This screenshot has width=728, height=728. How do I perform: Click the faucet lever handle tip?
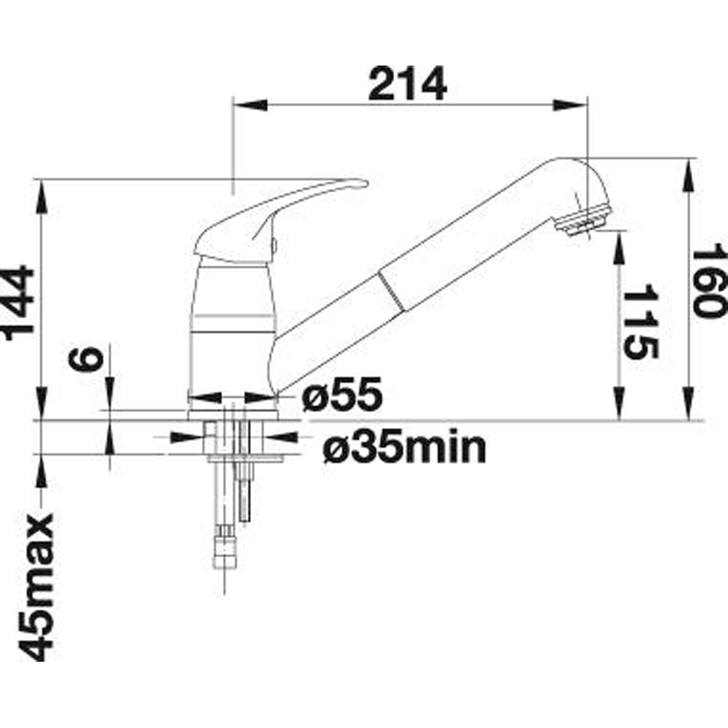(365, 184)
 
